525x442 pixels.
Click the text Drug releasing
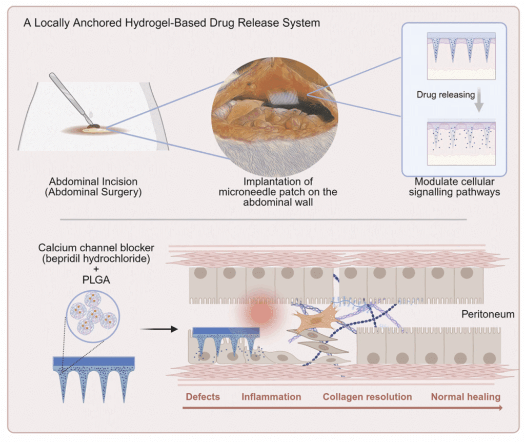pyautogui.click(x=445, y=95)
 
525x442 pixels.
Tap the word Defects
pyautogui.click(x=203, y=397)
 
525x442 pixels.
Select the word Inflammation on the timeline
pyautogui.click(x=271, y=397)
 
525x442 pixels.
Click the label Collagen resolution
pyautogui.click(x=367, y=397)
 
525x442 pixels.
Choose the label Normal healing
pyautogui.click(x=465, y=397)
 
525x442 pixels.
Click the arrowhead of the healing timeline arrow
pyautogui.click(x=499, y=408)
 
